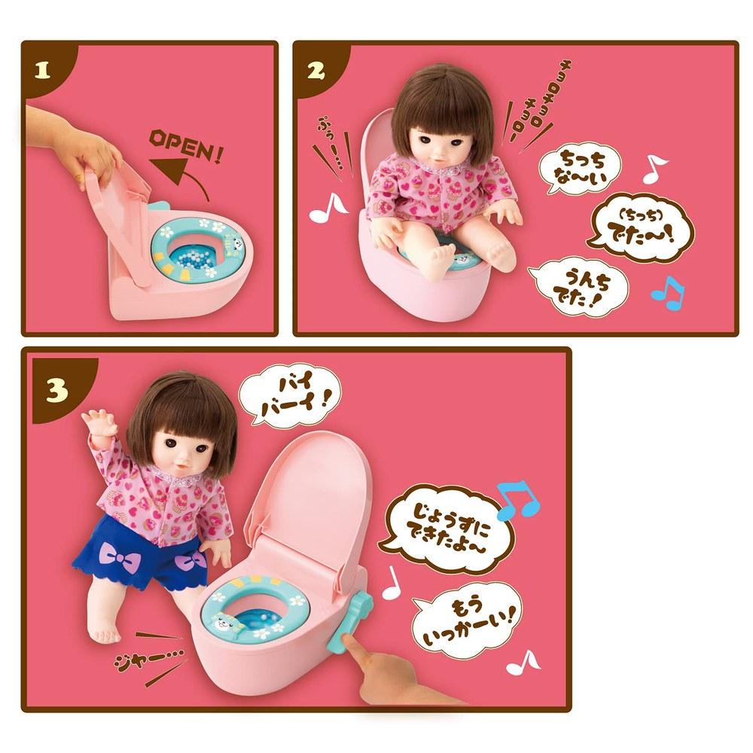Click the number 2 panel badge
(316, 71)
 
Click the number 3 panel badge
(56, 392)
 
